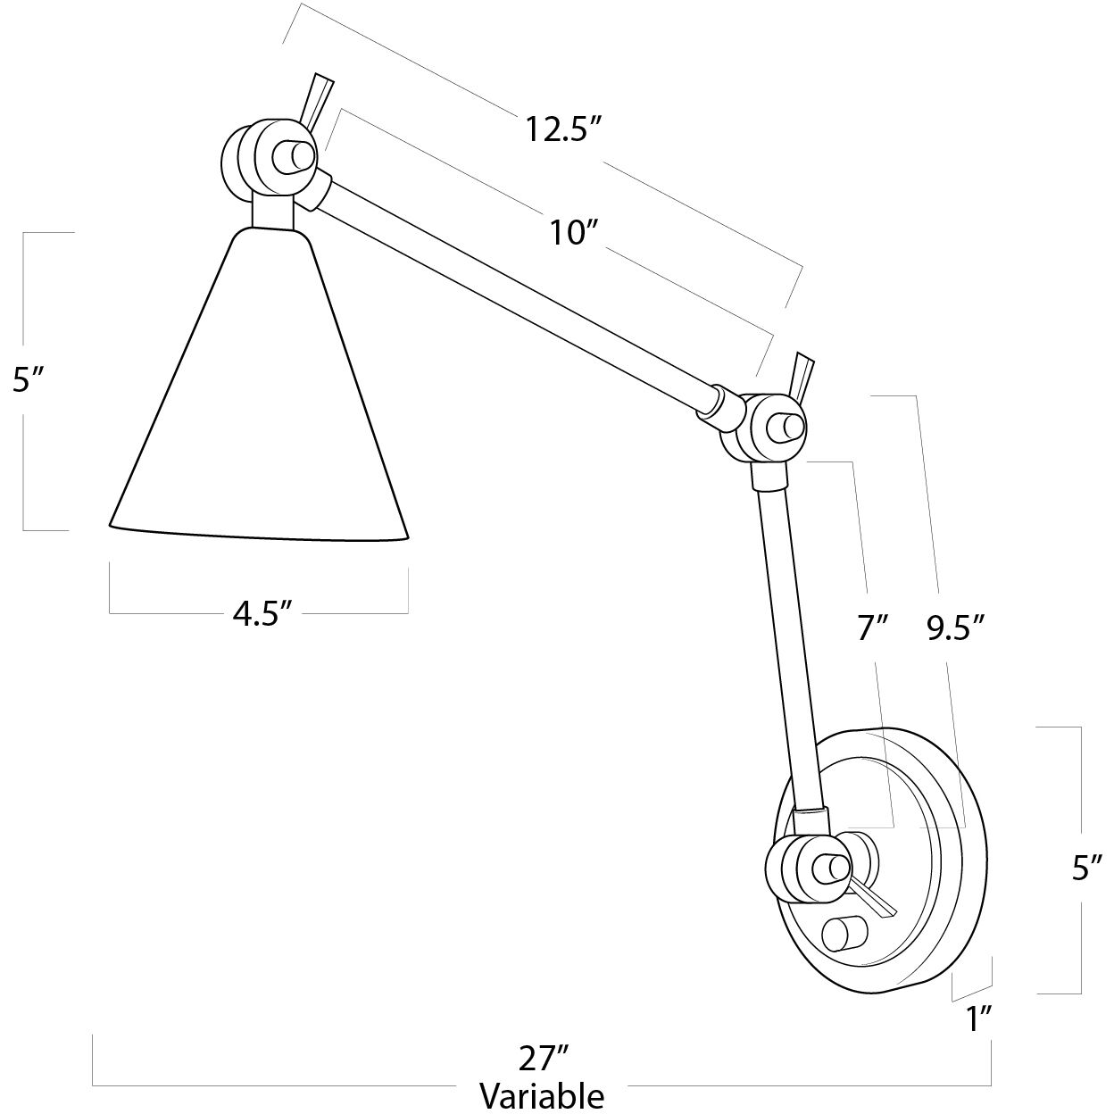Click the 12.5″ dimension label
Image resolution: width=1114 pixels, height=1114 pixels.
[x=560, y=130]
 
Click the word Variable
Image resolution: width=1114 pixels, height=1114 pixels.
[x=542, y=1095]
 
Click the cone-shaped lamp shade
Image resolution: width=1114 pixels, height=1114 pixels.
[x=261, y=402]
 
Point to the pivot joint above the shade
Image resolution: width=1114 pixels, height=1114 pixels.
[x=265, y=159]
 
